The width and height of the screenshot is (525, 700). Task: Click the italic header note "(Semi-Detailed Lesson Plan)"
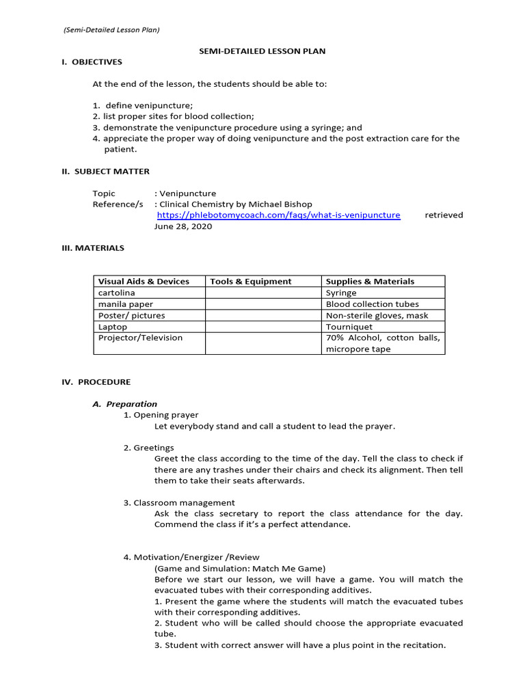pyautogui.click(x=111, y=29)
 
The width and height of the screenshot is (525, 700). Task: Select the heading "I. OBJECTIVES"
pyautogui.click(x=92, y=62)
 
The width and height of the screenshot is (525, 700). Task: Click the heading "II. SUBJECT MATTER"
pyautogui.click(x=105, y=172)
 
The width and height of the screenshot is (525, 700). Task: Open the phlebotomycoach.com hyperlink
pyautogui.click(x=278, y=215)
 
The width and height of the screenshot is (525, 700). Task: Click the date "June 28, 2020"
pyautogui.click(x=183, y=226)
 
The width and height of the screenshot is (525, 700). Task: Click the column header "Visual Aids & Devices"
pyautogui.click(x=144, y=281)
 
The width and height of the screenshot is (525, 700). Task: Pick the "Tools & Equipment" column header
pyautogui.click(x=251, y=281)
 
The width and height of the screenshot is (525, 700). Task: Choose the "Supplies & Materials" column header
pyautogui.click(x=370, y=281)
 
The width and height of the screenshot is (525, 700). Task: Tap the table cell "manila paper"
pyautogui.click(x=126, y=304)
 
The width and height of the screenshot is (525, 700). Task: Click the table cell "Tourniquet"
pyautogui.click(x=349, y=327)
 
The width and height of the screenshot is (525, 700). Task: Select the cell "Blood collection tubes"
pyautogui.click(x=372, y=304)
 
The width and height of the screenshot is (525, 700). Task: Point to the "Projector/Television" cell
pyautogui.click(x=140, y=338)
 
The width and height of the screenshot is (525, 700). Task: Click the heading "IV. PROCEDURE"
pyautogui.click(x=96, y=382)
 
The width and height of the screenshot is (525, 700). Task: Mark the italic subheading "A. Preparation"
pyautogui.click(x=125, y=404)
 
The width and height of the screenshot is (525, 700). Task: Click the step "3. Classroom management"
pyautogui.click(x=179, y=502)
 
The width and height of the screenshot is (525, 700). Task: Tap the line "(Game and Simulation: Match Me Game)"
pyautogui.click(x=240, y=568)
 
